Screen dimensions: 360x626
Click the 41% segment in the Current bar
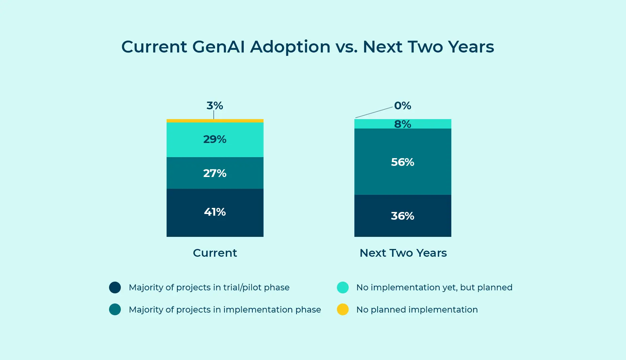[215, 213]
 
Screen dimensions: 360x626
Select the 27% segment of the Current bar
[215, 173]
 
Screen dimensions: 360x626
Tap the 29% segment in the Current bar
[215, 139]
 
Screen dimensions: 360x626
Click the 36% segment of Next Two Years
[403, 216]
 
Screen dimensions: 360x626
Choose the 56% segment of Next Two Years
[403, 162]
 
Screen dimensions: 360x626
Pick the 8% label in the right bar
[403, 124]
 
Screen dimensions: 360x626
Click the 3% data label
[215, 106]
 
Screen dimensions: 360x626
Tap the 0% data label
[403, 106]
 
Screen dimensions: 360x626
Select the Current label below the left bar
[215, 253]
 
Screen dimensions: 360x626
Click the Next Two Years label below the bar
[403, 253]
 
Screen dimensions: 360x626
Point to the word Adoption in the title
[290, 47]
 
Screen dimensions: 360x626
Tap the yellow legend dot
[343, 310]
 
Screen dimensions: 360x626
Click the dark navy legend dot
[115, 287]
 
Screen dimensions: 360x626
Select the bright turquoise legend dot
[343, 287]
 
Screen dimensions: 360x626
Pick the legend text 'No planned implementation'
[417, 310]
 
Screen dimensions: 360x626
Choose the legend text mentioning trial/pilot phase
[209, 287]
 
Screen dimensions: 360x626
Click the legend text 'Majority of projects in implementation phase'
[225, 310]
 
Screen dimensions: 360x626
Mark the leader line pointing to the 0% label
[374, 112]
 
